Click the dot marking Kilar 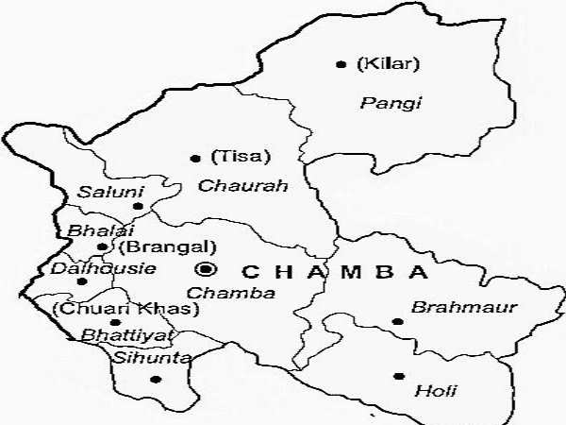341,64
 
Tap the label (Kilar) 375,64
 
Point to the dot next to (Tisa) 195,158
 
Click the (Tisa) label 227,157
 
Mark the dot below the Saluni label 138,206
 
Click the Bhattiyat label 115,333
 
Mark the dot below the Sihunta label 156,379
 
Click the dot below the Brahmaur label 398,322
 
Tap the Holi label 429,388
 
